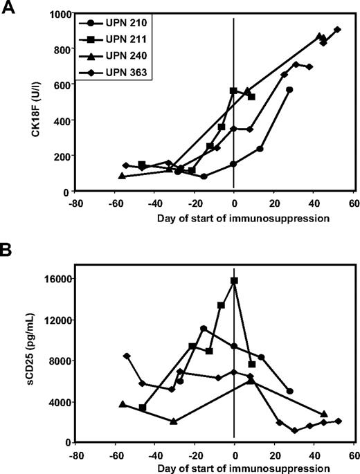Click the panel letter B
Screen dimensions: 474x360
tap(10, 248)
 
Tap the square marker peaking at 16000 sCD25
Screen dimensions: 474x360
tap(235, 281)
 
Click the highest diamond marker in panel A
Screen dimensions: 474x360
tap(337, 30)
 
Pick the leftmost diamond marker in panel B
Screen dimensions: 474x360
tap(126, 356)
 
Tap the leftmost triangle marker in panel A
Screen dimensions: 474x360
tap(122, 176)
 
